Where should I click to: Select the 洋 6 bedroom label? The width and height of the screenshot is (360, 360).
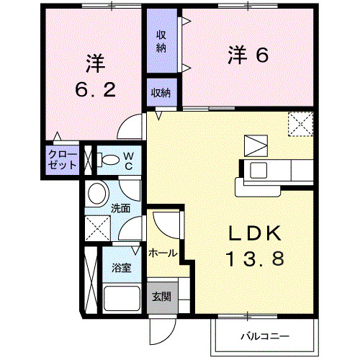248,55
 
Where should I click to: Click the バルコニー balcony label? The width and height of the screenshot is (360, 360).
264,336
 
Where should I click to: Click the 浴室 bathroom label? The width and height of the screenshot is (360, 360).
121,268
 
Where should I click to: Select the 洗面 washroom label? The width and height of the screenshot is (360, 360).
120,209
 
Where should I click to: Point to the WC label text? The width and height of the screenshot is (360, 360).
127,160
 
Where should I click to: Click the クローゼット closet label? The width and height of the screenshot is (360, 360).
63,160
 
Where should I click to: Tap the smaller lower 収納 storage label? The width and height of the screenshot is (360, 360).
161,91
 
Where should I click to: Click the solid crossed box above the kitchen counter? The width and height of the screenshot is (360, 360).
254,145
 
